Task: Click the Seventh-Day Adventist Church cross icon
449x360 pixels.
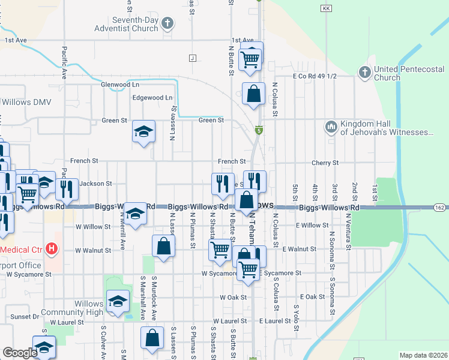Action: [x=167, y=24]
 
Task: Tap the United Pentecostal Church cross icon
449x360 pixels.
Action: [x=364, y=73]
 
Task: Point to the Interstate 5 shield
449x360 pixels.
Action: [x=259, y=130]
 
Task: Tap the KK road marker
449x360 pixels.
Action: [x=326, y=8]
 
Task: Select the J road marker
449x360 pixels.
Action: [x=192, y=58]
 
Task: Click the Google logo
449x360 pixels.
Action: [x=20, y=353]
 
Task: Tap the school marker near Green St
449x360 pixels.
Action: [x=144, y=131]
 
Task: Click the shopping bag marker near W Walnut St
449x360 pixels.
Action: [x=164, y=245]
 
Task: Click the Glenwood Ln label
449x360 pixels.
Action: [x=120, y=85]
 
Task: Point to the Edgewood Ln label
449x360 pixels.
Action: [x=152, y=97]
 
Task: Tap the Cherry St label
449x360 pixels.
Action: [x=325, y=163]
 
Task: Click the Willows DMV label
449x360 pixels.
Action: [x=26, y=102]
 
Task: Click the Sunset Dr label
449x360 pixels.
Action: [x=24, y=316]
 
